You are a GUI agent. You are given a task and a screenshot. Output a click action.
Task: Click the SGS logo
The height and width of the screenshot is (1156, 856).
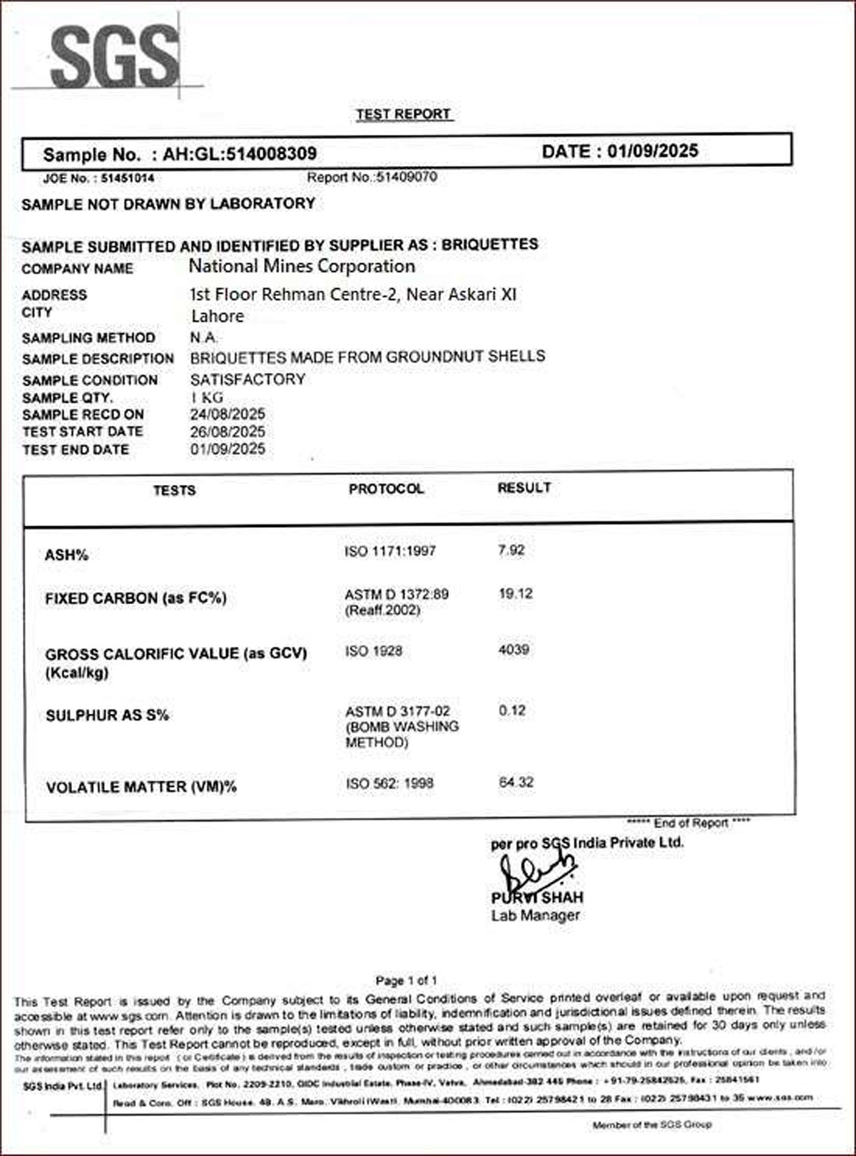coord(114,57)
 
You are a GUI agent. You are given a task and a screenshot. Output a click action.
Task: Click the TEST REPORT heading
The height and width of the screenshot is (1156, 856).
coord(404,114)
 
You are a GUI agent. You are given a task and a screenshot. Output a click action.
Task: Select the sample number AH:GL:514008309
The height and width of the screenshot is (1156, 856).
coord(240,154)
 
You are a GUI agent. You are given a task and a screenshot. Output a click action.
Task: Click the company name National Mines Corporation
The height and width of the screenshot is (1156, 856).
coord(302,267)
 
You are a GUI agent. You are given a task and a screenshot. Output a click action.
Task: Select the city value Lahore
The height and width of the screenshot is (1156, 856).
coord(218,316)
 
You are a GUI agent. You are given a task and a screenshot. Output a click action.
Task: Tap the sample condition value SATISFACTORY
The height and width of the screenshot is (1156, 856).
coord(248,379)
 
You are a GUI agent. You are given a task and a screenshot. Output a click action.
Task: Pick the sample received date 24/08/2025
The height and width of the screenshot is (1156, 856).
coord(228,414)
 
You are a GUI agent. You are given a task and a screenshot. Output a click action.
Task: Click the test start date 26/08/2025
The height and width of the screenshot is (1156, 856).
coord(228,431)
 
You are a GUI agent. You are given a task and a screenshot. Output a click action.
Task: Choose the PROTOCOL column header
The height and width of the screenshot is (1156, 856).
coord(386,489)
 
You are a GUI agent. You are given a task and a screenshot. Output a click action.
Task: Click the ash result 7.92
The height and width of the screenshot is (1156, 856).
coord(511,550)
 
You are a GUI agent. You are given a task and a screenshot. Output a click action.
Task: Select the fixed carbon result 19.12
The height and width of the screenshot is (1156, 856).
coord(515,593)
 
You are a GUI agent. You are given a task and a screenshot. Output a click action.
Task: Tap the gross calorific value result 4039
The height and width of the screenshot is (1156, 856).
coord(514,650)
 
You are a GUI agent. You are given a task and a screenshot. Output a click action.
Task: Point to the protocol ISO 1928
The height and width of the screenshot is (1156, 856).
coord(374,651)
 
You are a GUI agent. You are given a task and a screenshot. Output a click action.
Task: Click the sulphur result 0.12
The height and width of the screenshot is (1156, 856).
coord(512,710)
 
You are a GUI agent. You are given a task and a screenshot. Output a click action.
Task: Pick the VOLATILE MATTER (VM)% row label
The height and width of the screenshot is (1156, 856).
coord(141,787)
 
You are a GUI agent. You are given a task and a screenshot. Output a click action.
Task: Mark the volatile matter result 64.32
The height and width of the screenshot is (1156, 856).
coord(516,782)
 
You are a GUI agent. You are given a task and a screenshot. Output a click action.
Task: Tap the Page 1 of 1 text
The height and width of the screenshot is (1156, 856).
coord(407,981)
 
